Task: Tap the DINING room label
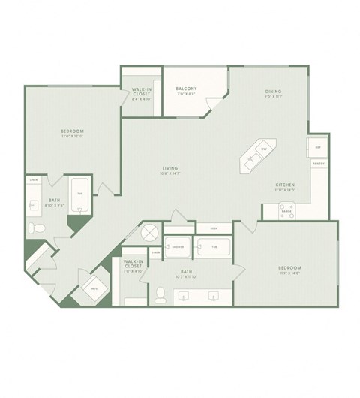(x=272, y=92)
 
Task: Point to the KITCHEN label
(x=284, y=185)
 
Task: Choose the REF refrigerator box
(x=317, y=147)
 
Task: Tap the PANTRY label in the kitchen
(x=318, y=163)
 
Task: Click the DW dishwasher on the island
(x=264, y=149)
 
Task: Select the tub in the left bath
(x=79, y=194)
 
